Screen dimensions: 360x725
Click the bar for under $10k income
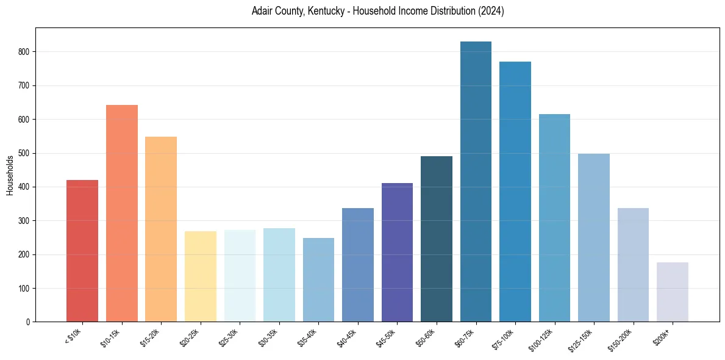click(x=82, y=251)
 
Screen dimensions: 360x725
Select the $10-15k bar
click(x=121, y=214)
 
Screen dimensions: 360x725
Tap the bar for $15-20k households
click(x=161, y=229)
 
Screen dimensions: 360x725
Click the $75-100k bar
click(x=515, y=192)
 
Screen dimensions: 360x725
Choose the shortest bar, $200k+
click(x=673, y=292)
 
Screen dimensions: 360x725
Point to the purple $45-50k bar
click(x=397, y=253)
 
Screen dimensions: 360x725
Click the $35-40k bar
click(x=318, y=280)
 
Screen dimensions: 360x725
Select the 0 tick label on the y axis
click(x=27, y=322)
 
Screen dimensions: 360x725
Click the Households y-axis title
click(x=10, y=175)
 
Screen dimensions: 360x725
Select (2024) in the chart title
click(x=491, y=11)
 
